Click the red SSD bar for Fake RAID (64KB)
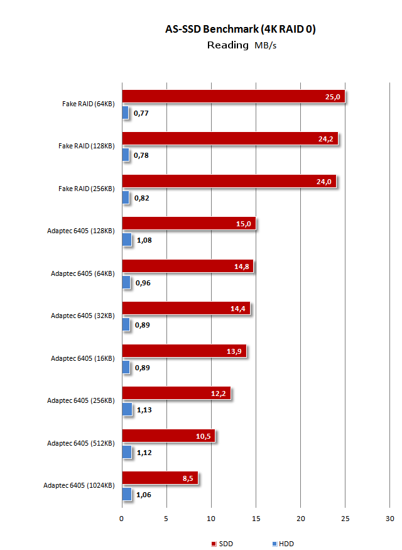pyautogui.click(x=232, y=96)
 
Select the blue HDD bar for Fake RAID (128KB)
pyautogui.click(x=126, y=155)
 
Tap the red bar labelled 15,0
pyautogui.click(x=188, y=223)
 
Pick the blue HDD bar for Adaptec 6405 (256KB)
pyautogui.click(x=127, y=409)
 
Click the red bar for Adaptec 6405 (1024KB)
pyautogui.click(x=160, y=478)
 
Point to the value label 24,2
pyautogui.click(x=325, y=139)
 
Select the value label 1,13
pyautogui.click(x=144, y=410)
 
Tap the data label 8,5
pyautogui.click(x=188, y=478)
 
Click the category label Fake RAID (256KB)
pyautogui.click(x=86, y=189)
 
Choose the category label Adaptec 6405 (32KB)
pyautogui.click(x=82, y=316)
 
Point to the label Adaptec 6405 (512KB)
pyautogui.click(x=80, y=443)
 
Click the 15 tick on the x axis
pyautogui.click(x=256, y=519)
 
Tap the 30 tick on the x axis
pyautogui.click(x=389, y=519)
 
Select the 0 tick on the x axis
pyautogui.click(x=122, y=519)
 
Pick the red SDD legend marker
pyautogui.click(x=214, y=544)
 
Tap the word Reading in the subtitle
pyautogui.click(x=227, y=45)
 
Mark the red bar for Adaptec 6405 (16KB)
pyautogui.click(x=184, y=351)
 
